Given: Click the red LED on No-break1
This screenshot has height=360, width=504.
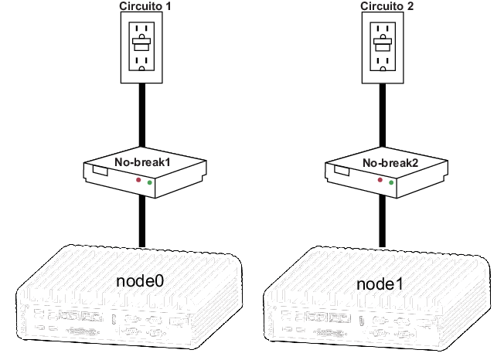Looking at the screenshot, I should click(139, 180).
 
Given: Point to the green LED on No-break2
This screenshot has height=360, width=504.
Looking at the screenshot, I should click(391, 183).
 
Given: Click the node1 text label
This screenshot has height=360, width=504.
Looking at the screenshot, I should click(380, 284).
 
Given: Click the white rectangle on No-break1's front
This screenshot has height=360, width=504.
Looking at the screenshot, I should click(99, 170).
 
